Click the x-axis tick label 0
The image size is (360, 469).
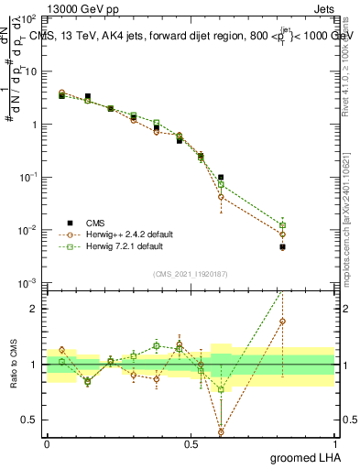click(47, 443)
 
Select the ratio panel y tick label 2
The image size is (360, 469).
click(36, 309)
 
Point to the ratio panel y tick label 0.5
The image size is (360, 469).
click(32, 420)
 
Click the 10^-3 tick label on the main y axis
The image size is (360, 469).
click(29, 282)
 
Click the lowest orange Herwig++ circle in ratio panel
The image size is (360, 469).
click(221, 431)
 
